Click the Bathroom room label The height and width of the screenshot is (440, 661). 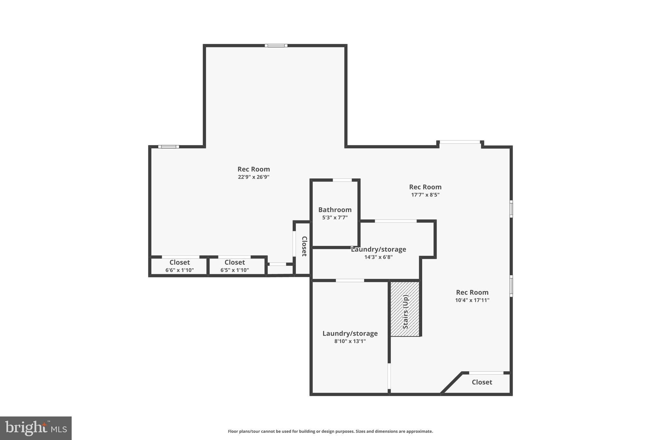[335, 210]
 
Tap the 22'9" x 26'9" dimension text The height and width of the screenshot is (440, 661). [253, 177]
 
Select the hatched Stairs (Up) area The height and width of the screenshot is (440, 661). [405, 309]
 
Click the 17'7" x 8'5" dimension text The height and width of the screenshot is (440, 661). [425, 195]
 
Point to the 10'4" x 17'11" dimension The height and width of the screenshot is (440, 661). [472, 300]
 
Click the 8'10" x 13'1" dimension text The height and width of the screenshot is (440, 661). [350, 341]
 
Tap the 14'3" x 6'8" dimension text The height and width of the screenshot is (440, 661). [378, 257]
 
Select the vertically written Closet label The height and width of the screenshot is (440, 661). [304, 246]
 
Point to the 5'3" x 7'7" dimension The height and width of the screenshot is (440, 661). [335, 218]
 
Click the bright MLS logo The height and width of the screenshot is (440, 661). [36, 428]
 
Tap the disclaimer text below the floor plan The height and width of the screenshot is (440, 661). [330, 431]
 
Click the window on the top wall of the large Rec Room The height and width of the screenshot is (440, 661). [276, 45]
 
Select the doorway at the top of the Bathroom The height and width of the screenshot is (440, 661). [342, 180]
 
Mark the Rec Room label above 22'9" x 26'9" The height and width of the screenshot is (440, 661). [253, 169]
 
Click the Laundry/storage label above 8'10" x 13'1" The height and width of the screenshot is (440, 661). [350, 333]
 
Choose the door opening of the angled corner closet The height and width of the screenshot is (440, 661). [486, 373]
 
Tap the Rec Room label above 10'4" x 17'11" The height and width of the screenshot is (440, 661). [472, 292]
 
